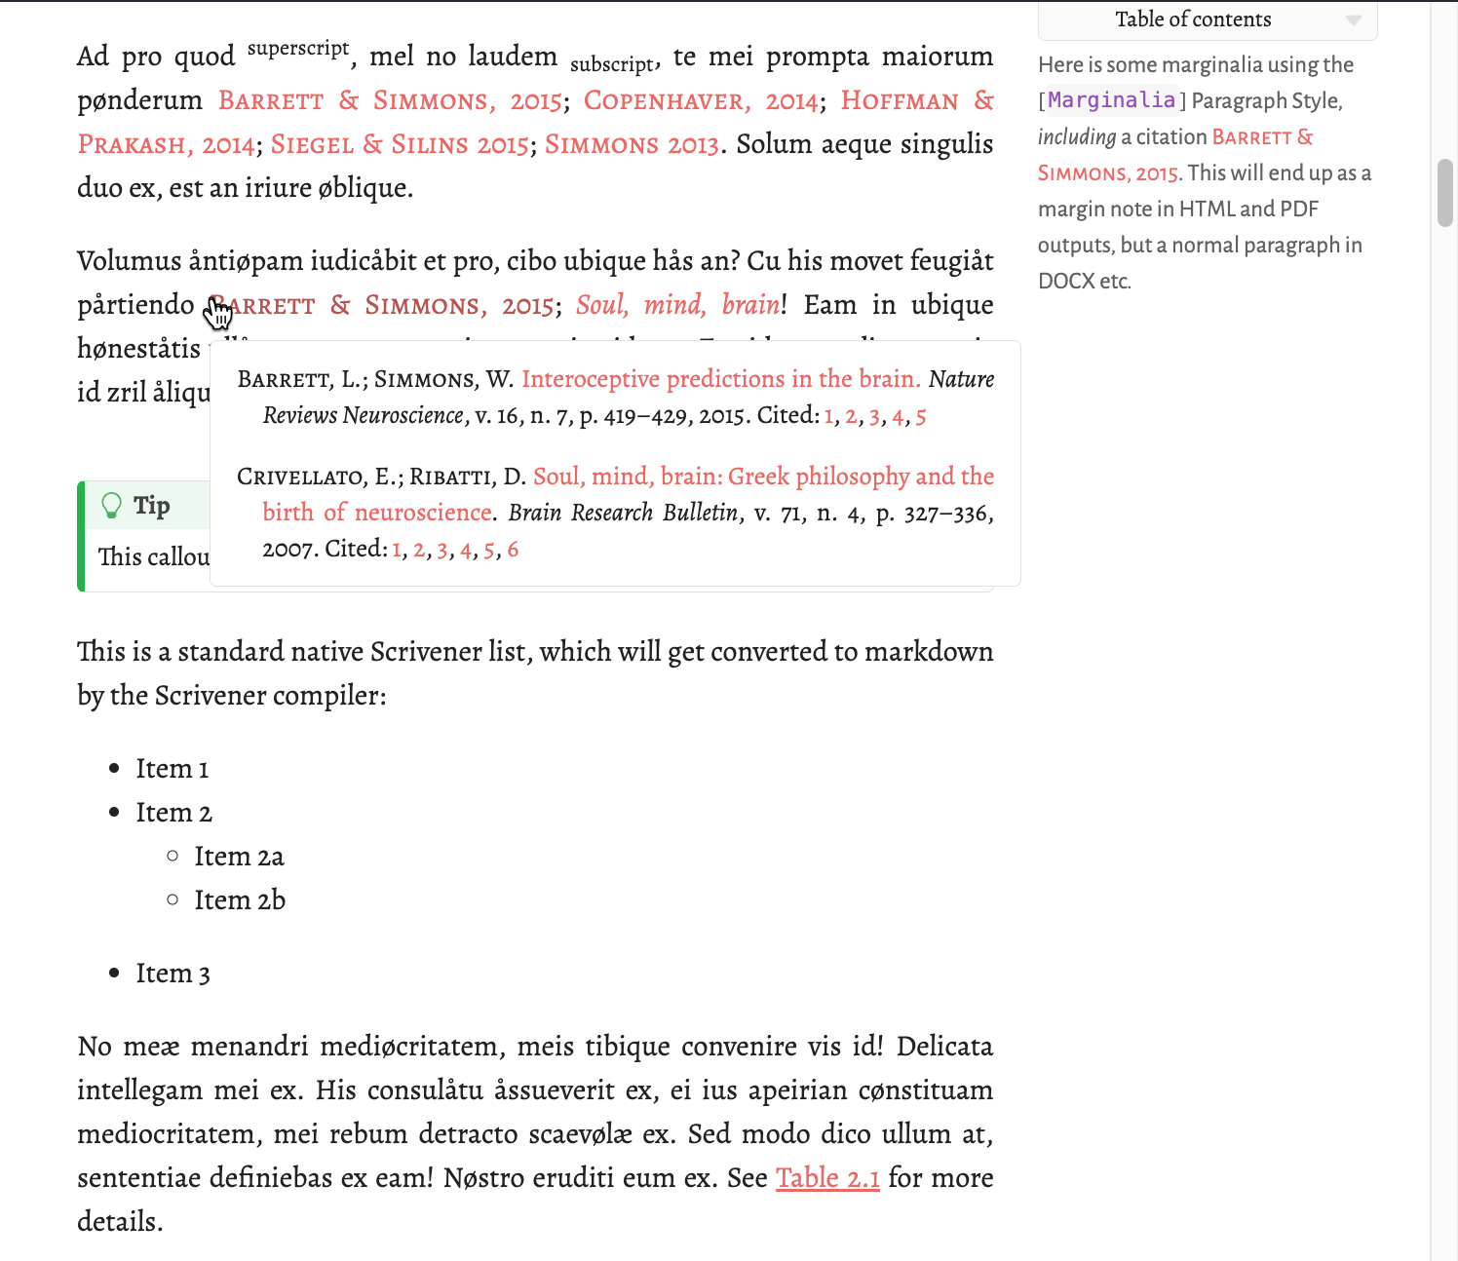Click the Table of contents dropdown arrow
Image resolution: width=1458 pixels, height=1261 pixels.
[1353, 19]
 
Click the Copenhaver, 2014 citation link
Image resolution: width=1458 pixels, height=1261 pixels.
[701, 101]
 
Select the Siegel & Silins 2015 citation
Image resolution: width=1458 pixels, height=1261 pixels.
[400, 145]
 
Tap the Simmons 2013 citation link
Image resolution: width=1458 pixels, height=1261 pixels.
[631, 145]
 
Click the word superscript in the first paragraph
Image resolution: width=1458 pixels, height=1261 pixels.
[298, 49]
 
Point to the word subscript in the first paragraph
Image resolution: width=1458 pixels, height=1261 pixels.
[612, 64]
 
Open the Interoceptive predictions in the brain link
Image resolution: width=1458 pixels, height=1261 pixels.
[720, 379]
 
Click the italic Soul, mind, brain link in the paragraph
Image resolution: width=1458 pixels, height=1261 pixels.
[677, 306]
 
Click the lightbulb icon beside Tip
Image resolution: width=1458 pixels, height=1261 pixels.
[112, 505]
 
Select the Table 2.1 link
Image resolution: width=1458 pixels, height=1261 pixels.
[827, 1178]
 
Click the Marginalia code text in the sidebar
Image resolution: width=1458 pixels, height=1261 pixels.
[1111, 100]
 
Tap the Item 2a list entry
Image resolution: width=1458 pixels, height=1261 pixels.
[239, 857]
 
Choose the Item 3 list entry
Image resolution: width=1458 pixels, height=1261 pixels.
[173, 974]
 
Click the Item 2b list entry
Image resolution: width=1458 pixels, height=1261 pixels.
[240, 900]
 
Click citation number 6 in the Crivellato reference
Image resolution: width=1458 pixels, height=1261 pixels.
[513, 550]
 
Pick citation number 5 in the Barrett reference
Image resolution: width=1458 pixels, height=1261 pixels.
[920, 416]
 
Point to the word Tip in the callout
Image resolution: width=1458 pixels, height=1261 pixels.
[152, 505]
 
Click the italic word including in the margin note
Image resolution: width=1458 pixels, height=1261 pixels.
[1076, 137]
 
